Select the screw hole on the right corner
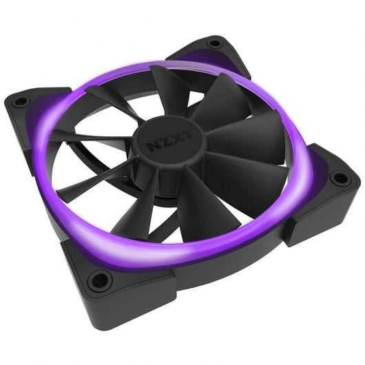339,178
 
